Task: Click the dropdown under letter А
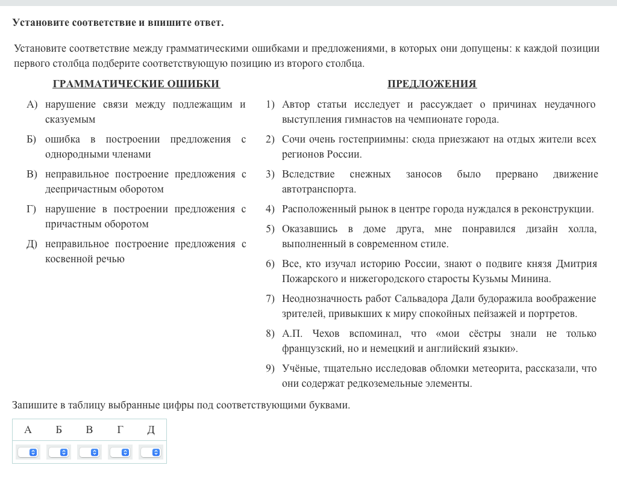click(28, 452)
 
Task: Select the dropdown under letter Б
click(58, 452)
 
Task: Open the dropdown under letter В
click(89, 452)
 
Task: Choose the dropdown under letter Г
click(120, 452)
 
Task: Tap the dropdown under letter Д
click(151, 452)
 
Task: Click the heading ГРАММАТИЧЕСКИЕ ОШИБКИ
click(136, 84)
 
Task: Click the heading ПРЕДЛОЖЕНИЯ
click(432, 84)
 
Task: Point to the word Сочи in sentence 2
click(293, 140)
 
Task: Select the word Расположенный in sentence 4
click(315, 209)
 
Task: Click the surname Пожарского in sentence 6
click(307, 279)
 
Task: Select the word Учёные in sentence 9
click(298, 369)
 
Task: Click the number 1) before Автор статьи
click(270, 105)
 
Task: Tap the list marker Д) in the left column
click(32, 244)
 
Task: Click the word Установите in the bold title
click(40, 23)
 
